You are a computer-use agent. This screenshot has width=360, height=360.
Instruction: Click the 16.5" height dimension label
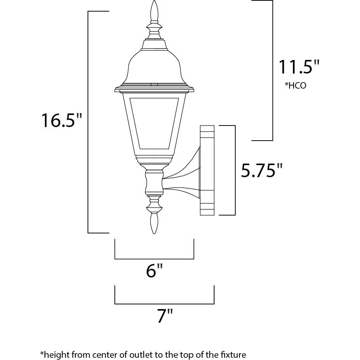point(61,120)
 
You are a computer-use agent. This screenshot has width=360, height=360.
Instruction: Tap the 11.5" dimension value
point(299,67)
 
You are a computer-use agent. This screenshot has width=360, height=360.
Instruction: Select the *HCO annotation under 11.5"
point(296,86)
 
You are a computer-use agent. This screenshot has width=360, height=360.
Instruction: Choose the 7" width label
point(165,316)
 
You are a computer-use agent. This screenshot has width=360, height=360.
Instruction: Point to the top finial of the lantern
point(154,11)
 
